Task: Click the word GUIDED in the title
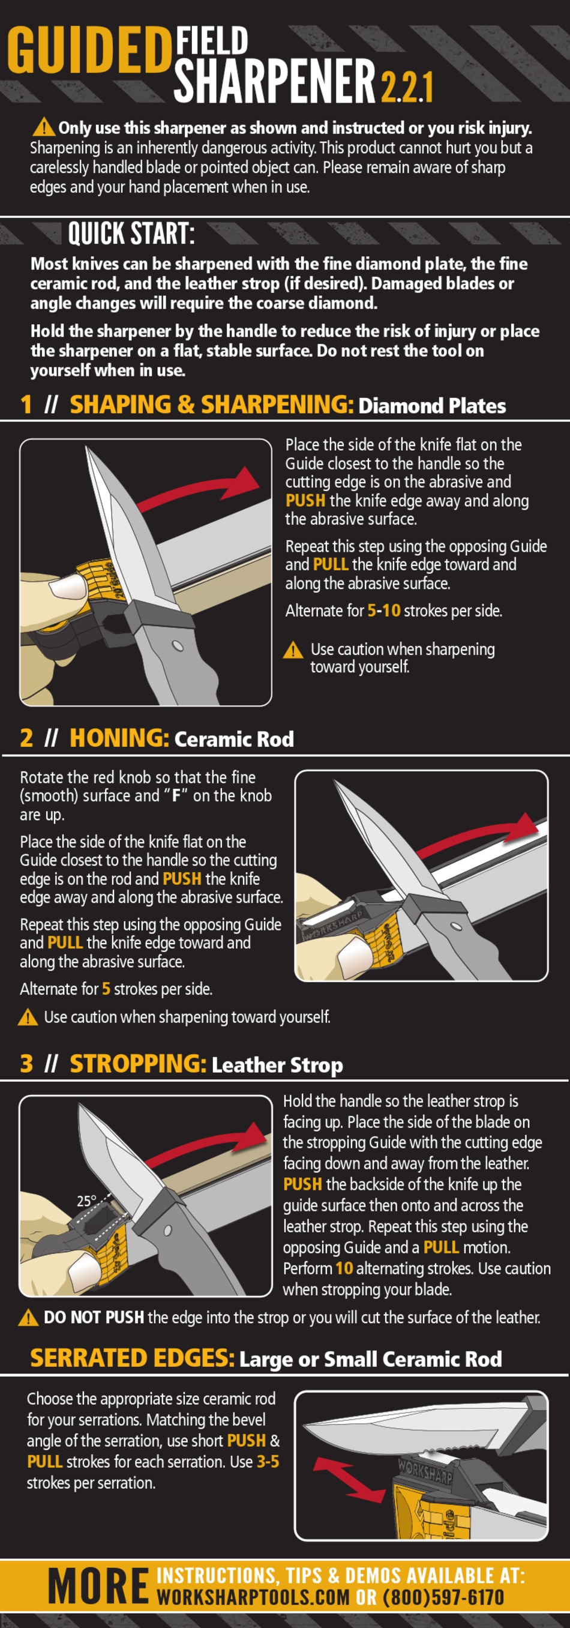[x=88, y=50]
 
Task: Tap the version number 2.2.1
[x=406, y=87]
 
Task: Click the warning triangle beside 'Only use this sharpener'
[x=44, y=127]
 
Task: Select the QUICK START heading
[x=130, y=233]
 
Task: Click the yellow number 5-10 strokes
[x=383, y=610]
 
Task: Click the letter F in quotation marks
[x=177, y=795]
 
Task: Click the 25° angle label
[x=86, y=1201]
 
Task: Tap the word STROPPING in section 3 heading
[x=138, y=1064]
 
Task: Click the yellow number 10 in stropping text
[x=344, y=1268]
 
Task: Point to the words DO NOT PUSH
[x=93, y=1318]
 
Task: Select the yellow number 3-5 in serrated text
[x=268, y=1462]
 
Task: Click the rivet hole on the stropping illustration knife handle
[x=167, y=1231]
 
